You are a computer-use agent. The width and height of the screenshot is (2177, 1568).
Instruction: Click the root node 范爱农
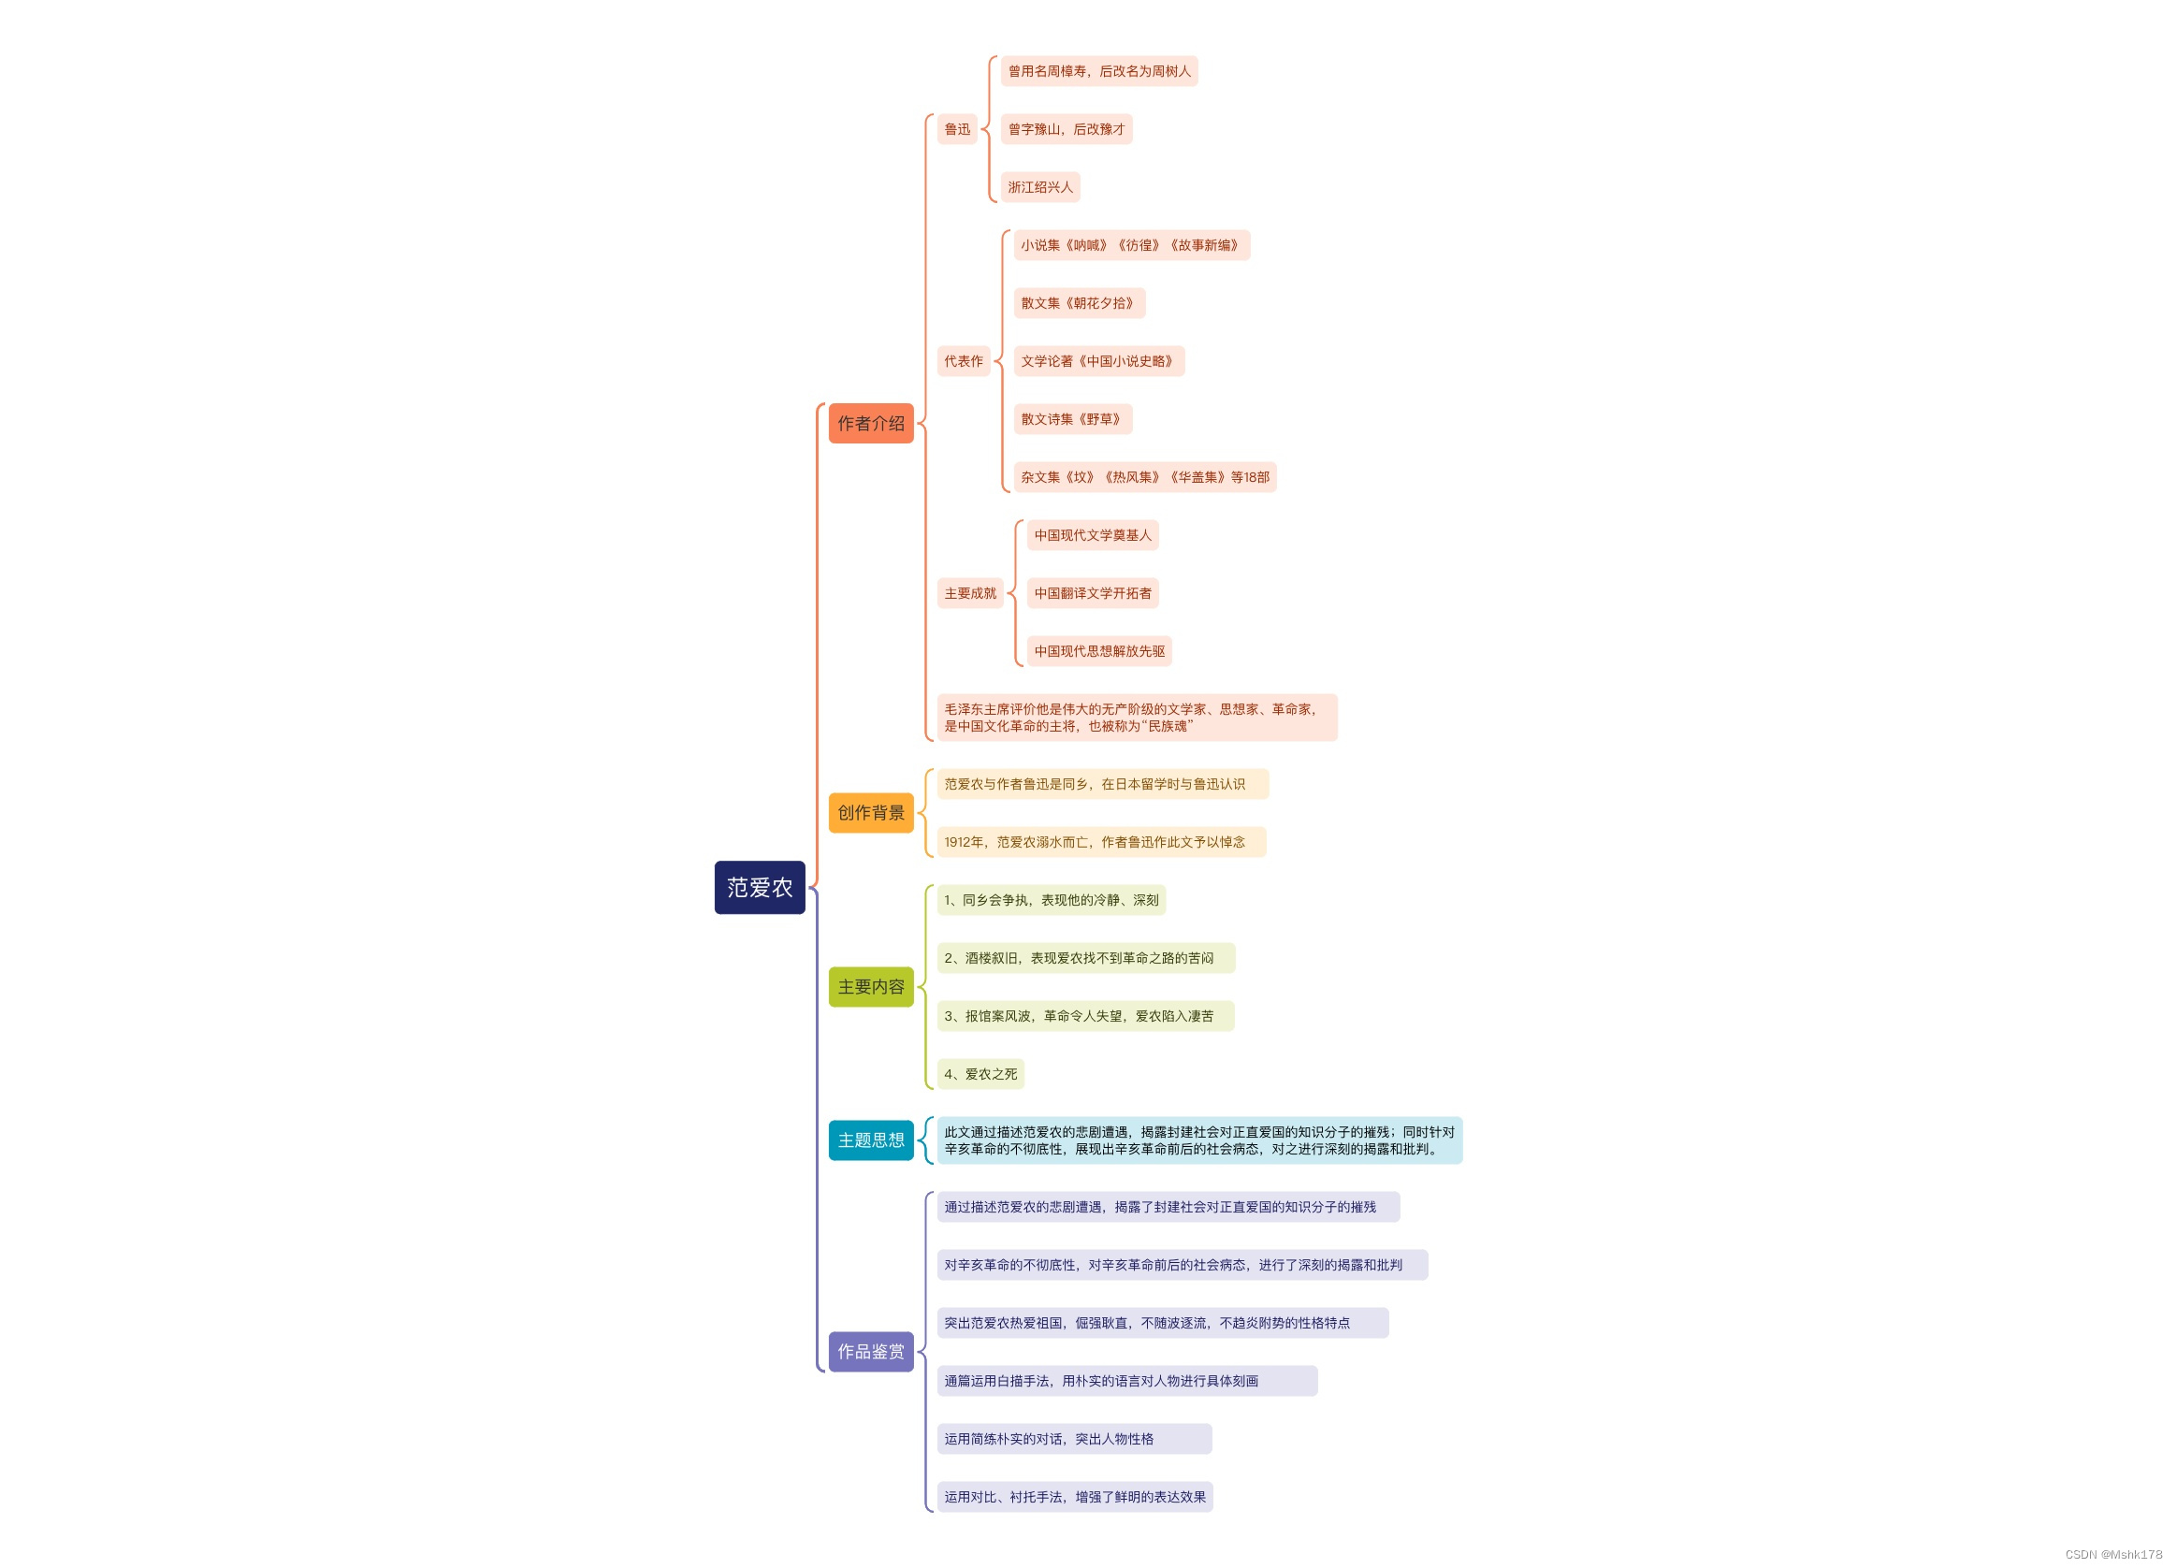point(760,888)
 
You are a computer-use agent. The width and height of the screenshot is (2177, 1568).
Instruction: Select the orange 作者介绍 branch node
point(871,423)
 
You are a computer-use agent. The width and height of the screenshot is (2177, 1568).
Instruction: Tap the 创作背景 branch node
point(871,813)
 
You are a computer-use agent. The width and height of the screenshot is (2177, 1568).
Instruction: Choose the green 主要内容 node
point(871,986)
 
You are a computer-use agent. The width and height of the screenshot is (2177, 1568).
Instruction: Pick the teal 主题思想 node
point(871,1140)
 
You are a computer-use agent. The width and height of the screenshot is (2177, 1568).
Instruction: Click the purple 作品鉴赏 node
point(871,1351)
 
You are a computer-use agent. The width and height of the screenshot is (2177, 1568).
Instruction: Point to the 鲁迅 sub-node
point(957,129)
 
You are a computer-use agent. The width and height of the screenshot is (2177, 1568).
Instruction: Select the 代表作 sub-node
point(963,362)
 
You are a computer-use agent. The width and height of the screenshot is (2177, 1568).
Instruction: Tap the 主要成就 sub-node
point(969,593)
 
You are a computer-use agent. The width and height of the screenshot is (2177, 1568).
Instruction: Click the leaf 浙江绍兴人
point(1039,187)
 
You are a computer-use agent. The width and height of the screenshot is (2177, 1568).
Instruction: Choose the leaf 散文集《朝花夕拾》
point(1079,303)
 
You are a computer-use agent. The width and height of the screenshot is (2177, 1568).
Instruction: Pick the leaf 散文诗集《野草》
point(1072,419)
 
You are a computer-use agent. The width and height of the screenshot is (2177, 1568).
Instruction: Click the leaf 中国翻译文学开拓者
point(1093,593)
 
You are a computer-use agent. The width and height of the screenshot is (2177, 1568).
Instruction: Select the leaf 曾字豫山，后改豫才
point(1066,129)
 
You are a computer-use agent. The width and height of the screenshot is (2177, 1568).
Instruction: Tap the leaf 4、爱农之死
point(980,1074)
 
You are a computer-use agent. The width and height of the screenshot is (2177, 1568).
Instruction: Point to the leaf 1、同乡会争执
point(1051,900)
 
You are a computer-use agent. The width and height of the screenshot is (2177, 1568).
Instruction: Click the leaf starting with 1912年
point(1100,843)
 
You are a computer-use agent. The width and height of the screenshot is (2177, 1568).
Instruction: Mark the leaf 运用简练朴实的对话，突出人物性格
point(1073,1439)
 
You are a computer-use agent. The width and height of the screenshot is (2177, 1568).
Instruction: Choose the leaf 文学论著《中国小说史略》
point(1098,362)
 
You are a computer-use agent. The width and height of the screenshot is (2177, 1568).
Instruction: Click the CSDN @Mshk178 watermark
point(2112,1555)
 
